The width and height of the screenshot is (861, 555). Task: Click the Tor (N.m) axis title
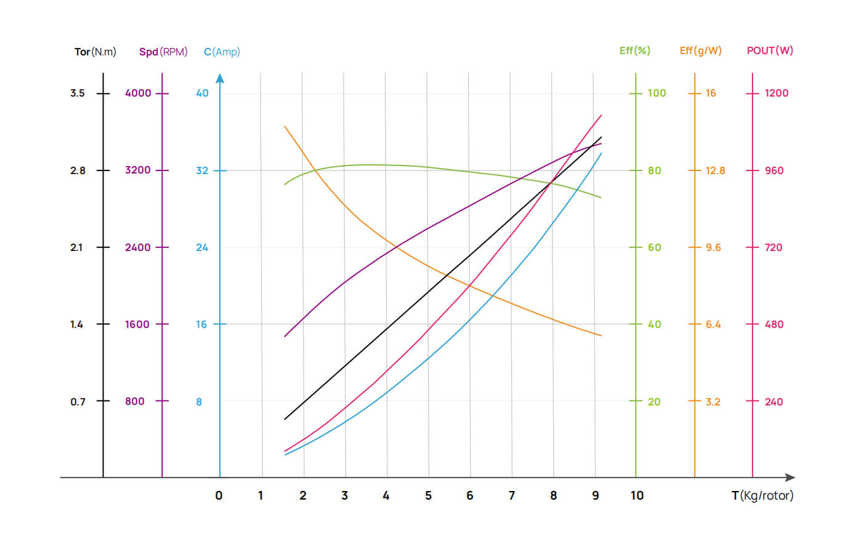95,52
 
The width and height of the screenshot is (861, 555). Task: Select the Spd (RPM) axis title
163,52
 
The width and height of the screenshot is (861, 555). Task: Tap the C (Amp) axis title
222,52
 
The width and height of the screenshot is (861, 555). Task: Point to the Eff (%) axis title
634,50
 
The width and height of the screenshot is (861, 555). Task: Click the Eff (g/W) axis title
700,50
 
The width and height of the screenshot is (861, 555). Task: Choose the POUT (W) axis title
769,50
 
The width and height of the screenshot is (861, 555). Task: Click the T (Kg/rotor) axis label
762,495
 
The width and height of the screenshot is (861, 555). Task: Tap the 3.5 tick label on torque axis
77,94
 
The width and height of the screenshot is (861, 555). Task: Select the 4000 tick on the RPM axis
138,93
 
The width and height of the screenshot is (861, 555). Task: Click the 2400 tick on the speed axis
138,247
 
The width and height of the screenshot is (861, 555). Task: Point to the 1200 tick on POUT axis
776,93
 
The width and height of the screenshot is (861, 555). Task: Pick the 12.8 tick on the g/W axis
715,170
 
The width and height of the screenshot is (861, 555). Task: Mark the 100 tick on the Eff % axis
657,93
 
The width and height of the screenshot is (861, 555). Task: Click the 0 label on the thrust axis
219,495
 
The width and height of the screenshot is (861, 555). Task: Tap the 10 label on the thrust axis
637,495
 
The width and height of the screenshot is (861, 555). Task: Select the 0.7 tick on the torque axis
78,402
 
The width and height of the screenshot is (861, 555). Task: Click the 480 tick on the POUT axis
774,324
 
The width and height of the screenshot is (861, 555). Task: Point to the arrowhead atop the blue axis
220,78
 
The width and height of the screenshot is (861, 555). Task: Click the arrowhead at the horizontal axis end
791,477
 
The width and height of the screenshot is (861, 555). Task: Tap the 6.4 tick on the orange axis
713,324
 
